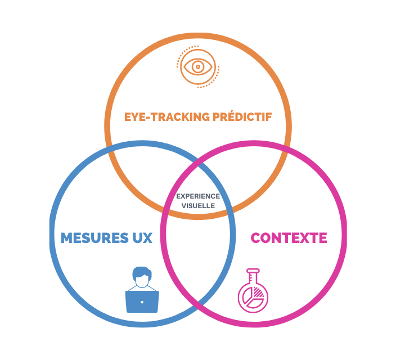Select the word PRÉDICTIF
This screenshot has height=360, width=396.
[242, 118]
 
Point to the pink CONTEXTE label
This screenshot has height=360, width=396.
[289, 238]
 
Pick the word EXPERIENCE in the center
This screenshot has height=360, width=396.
[198, 196]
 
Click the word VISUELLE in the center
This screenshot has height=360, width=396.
[198, 206]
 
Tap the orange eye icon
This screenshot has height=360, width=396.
[198, 67]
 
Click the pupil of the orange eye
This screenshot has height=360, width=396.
[198, 67]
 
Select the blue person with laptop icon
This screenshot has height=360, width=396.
[142, 289]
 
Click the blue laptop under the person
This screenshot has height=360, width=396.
[142, 301]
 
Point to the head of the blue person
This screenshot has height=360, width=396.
[142, 276]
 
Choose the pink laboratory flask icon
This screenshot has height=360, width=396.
[253, 290]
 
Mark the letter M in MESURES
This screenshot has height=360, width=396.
[67, 238]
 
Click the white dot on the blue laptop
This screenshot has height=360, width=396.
[142, 302]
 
